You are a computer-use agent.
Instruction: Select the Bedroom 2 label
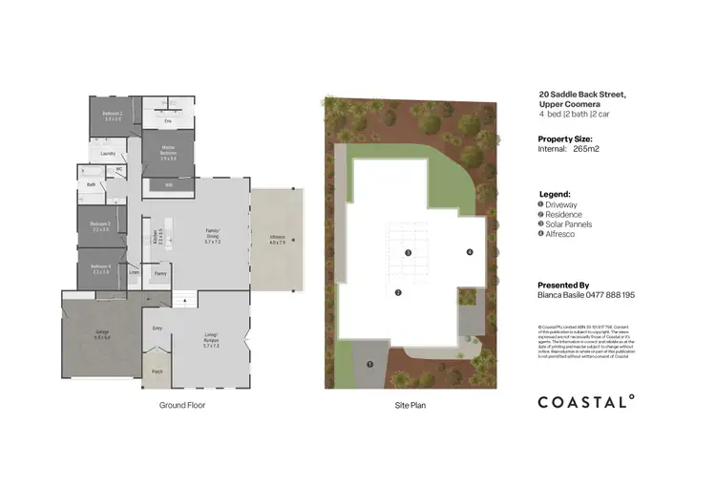tap(113, 114)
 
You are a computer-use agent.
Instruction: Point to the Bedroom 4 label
tap(100, 268)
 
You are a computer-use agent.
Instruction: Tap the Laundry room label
tap(108, 153)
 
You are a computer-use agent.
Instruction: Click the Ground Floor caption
tap(182, 405)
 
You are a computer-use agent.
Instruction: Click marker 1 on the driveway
tap(369, 364)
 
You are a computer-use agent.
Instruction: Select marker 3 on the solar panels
tap(408, 253)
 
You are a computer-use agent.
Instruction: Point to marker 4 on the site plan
tap(470, 252)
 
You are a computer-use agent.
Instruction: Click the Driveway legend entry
tap(564, 204)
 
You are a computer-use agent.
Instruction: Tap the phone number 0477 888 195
tap(608, 296)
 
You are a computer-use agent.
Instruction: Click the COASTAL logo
tap(586, 402)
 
